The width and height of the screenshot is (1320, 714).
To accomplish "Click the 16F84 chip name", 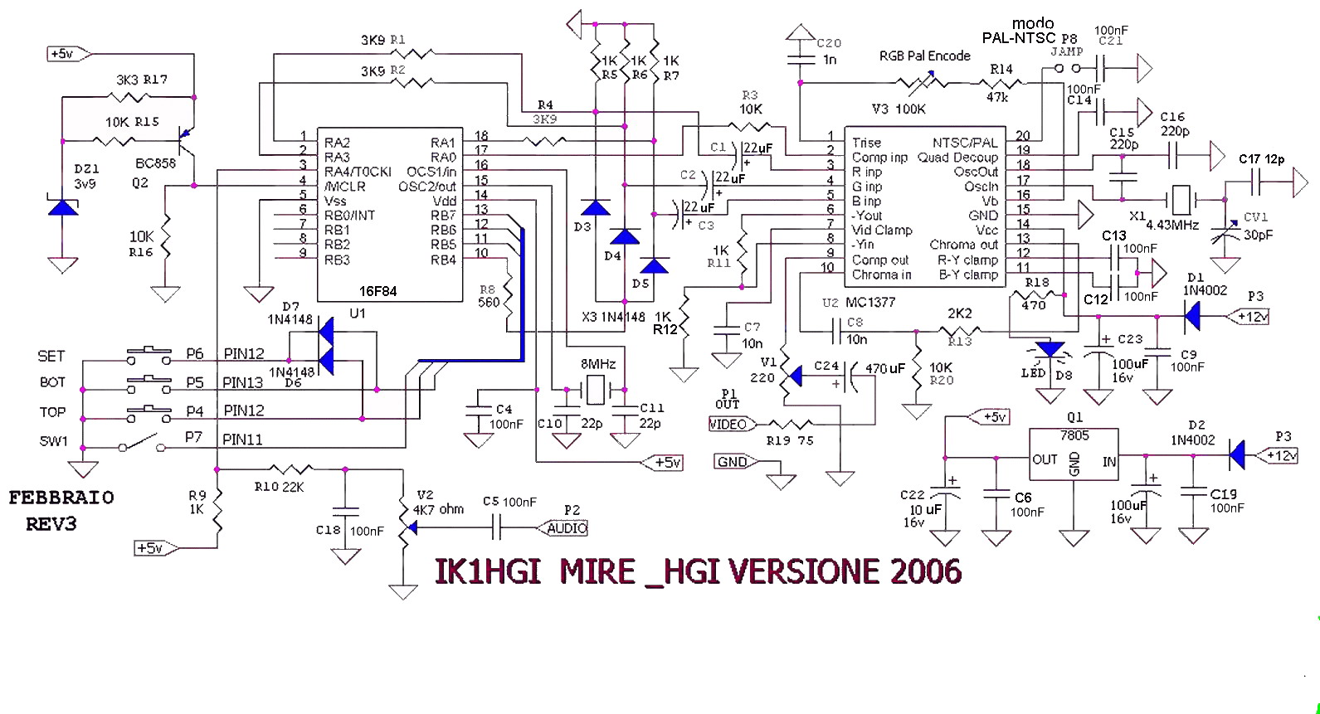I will [377, 291].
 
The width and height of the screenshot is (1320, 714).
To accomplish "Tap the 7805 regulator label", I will [1074, 435].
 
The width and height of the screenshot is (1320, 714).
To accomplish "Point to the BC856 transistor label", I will [156, 163].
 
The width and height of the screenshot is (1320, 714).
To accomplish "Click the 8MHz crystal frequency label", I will [598, 364].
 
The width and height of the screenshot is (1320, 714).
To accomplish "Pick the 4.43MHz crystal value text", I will [1172, 225].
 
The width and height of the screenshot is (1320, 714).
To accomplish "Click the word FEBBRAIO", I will [61, 498].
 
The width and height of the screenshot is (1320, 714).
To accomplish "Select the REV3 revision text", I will [51, 524].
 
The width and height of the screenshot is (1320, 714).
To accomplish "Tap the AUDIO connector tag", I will [567, 528].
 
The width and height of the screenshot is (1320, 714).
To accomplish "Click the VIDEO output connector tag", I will [728, 425].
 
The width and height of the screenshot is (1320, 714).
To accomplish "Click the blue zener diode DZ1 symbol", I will [62, 206].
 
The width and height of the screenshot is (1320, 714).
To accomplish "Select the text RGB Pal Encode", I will [924, 56].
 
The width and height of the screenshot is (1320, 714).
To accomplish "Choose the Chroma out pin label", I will [963, 245].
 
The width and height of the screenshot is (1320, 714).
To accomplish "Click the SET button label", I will [51, 356].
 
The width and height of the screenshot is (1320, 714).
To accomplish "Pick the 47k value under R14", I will [996, 97].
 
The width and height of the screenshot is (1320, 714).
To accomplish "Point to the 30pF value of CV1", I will [1258, 235].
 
